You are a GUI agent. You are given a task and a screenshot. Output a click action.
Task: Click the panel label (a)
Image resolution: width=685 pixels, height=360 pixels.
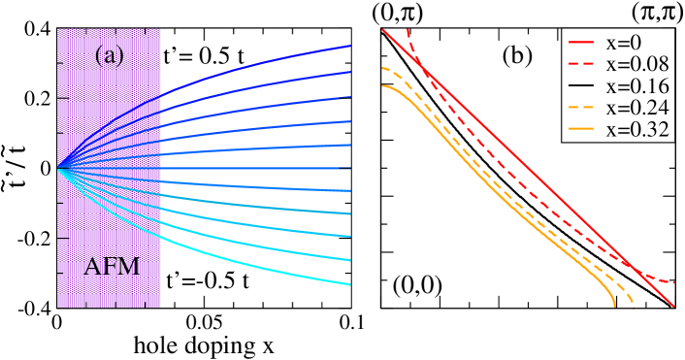109,56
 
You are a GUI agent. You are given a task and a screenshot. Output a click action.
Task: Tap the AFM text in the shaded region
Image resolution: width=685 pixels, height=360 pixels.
112,267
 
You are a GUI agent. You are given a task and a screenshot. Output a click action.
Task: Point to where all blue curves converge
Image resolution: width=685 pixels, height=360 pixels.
58,168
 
